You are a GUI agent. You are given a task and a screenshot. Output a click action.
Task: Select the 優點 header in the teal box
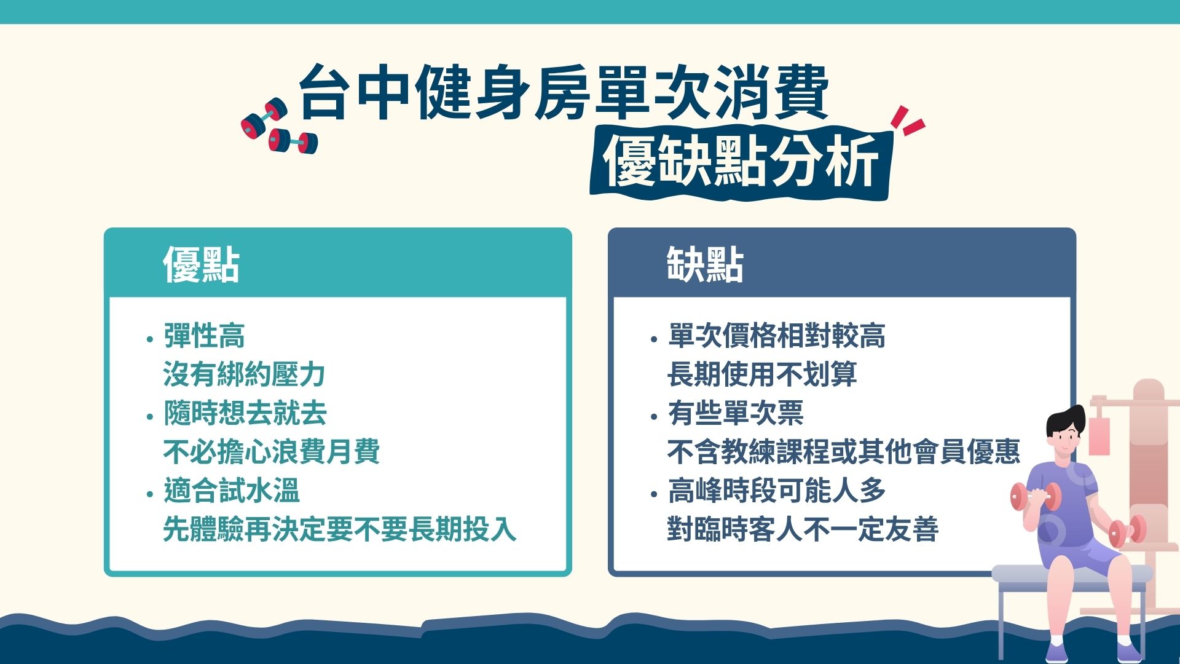pyautogui.click(x=201, y=265)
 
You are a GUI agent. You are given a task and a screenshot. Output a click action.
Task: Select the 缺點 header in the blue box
pyautogui.click(x=705, y=265)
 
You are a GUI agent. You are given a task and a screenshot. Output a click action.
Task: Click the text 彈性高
pyautogui.click(x=204, y=336)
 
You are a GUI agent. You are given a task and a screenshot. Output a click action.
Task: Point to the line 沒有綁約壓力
pyautogui.click(x=244, y=374)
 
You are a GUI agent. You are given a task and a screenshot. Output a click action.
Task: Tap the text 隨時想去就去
pyautogui.click(x=245, y=413)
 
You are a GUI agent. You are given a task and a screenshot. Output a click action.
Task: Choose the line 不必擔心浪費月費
pyautogui.click(x=271, y=452)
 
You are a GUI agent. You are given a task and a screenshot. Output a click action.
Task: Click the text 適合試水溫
pyautogui.click(x=231, y=491)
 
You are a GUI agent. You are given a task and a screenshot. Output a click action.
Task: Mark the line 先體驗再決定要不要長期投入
pyautogui.click(x=339, y=529)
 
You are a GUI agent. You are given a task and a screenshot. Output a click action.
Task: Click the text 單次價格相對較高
pyautogui.click(x=776, y=336)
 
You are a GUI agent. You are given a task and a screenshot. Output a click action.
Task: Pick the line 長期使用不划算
pyautogui.click(x=762, y=374)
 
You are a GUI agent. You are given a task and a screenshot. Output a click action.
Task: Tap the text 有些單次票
pyautogui.click(x=736, y=413)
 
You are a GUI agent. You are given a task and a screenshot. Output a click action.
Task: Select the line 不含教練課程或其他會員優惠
pyautogui.click(x=843, y=452)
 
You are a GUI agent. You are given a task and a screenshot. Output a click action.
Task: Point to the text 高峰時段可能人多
pyautogui.click(x=776, y=491)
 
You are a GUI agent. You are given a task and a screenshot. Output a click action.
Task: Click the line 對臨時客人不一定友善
pyautogui.click(x=803, y=529)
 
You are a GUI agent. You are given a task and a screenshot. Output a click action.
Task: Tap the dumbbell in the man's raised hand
pyautogui.click(x=1036, y=497)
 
